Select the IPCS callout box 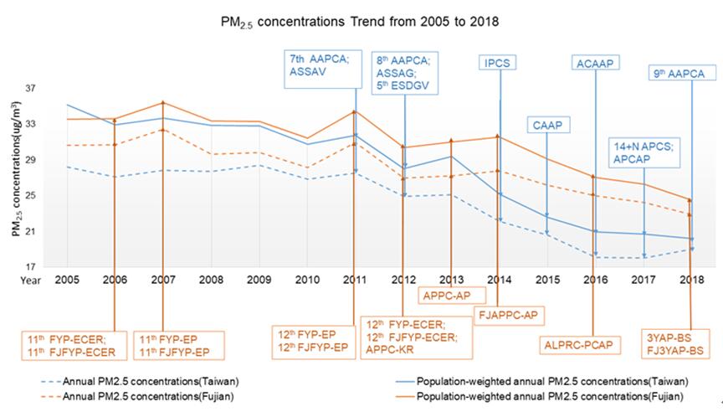[x=500, y=63]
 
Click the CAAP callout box [x=546, y=126]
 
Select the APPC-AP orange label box [x=449, y=295]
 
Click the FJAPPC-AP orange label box [x=510, y=315]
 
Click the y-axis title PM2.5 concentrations [x=17, y=178]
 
